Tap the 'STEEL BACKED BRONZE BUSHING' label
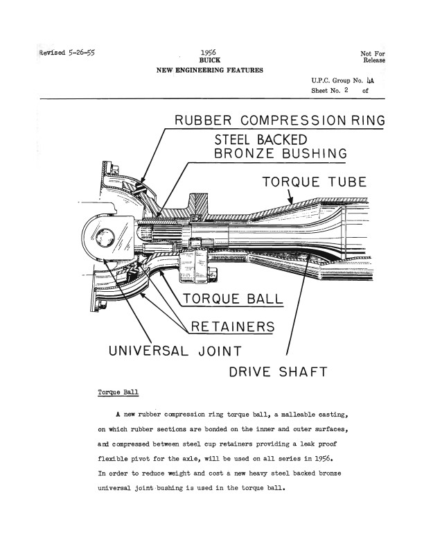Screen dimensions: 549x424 pyautogui.click(x=280, y=146)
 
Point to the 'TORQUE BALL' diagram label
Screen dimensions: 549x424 pyautogui.click(x=233, y=299)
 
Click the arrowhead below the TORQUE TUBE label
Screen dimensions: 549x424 pyautogui.click(x=292, y=203)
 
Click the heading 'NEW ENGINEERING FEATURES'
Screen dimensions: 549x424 pyautogui.click(x=209, y=71)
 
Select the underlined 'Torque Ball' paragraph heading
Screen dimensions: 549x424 pyautogui.click(x=119, y=393)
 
